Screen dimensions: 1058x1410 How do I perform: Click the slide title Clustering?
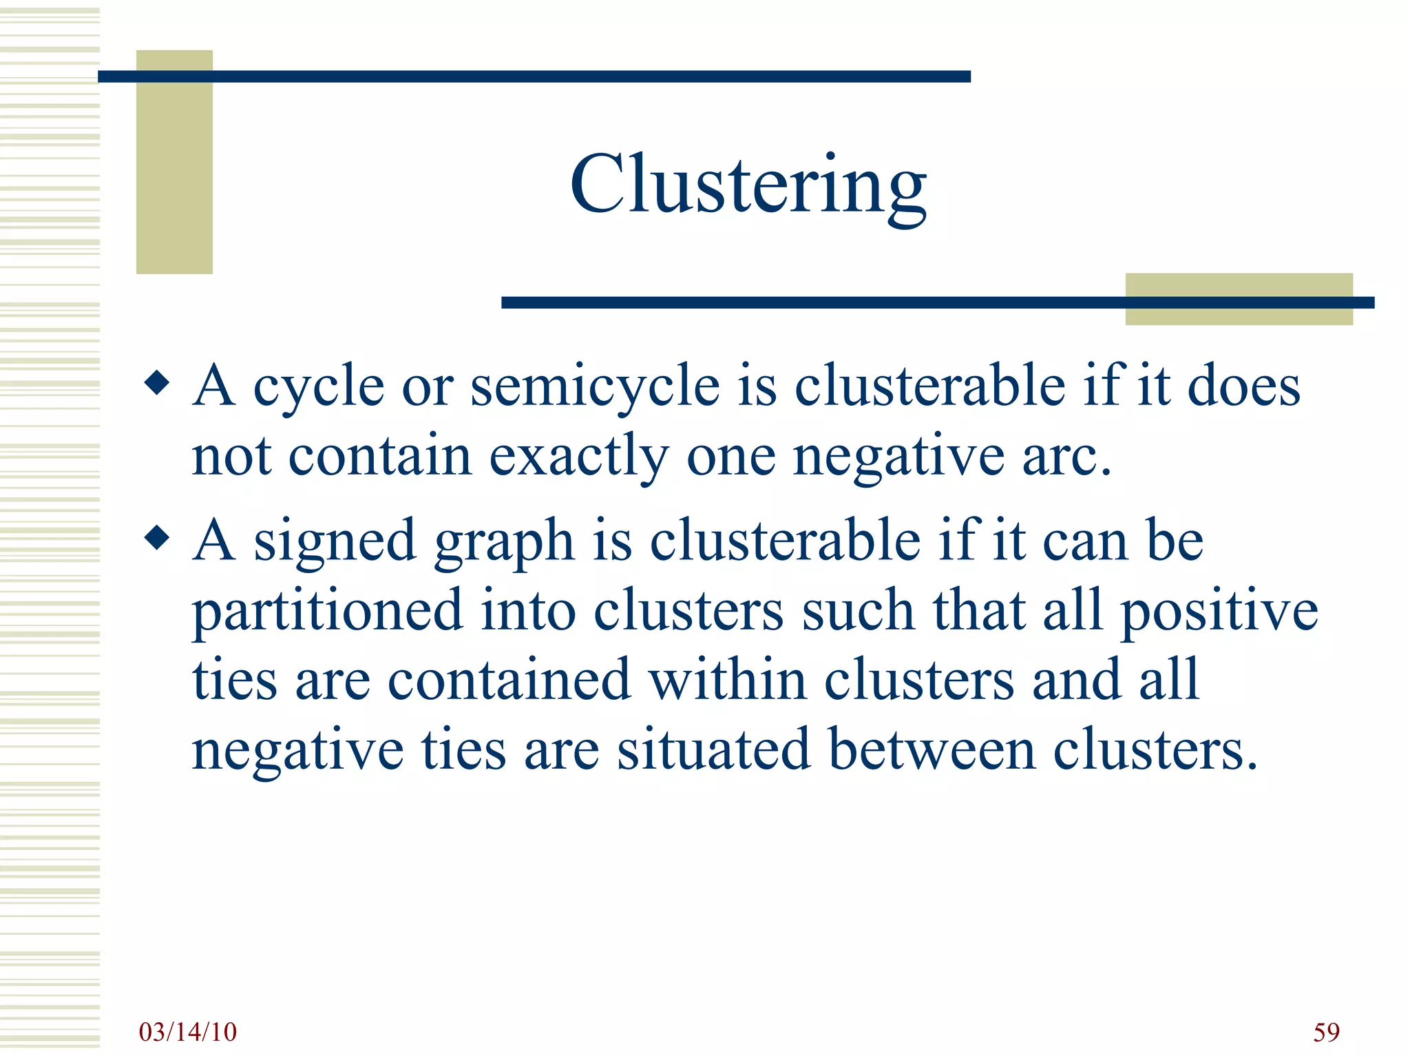748,185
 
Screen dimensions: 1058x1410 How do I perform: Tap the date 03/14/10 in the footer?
187,1032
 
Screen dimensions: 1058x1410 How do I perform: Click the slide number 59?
1326,1032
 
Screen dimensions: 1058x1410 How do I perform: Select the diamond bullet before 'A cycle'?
158,383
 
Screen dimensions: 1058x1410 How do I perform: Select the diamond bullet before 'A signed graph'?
158,538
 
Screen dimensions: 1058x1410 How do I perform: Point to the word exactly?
578,457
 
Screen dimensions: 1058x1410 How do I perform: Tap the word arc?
1065,457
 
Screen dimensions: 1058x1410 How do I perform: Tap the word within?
728,680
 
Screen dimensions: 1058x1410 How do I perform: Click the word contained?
509,680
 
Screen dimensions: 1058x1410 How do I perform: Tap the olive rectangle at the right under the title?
1238,299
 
